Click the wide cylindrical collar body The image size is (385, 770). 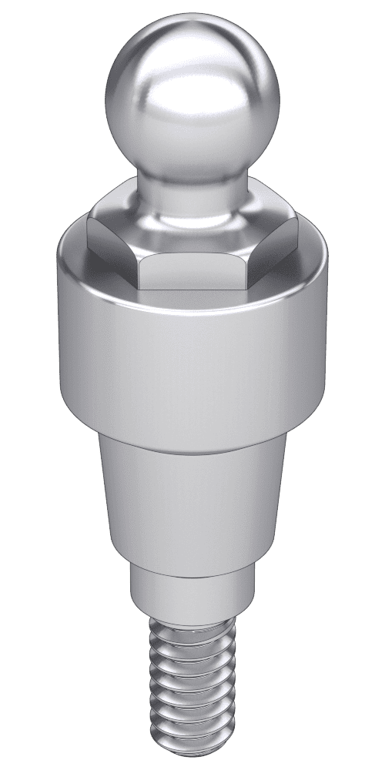[x=192, y=354]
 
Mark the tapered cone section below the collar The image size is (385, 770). [x=192, y=500]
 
